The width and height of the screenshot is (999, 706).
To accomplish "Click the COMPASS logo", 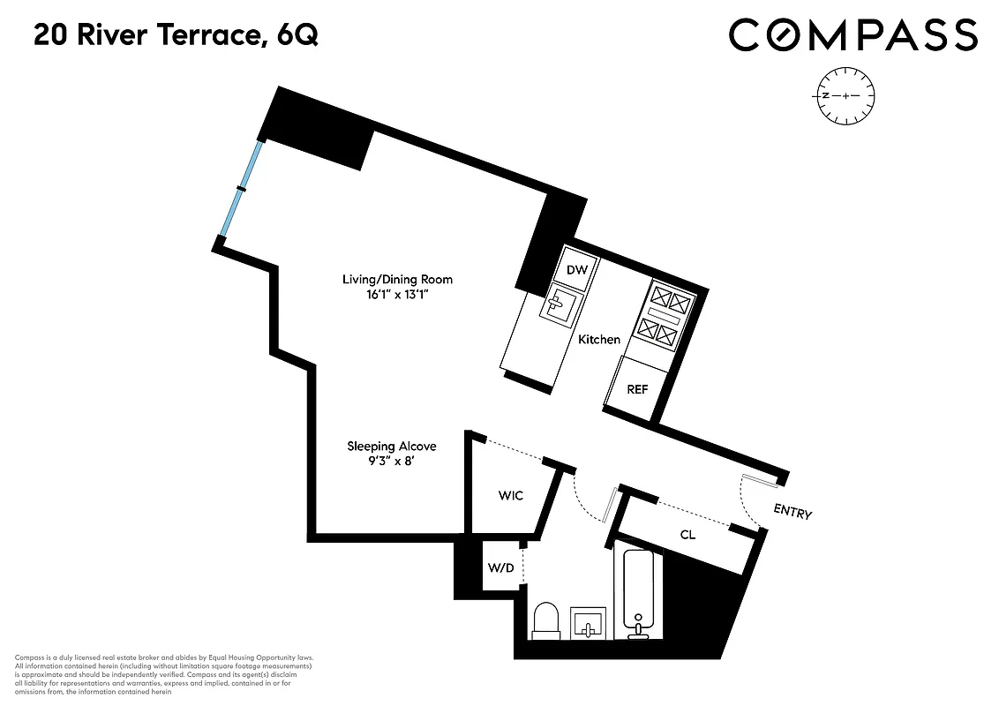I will [853, 35].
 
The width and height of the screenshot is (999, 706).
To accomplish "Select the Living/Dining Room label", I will [397, 280].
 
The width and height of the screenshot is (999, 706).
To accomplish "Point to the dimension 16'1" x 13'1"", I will [397, 295].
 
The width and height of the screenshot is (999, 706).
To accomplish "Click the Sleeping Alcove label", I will [391, 447].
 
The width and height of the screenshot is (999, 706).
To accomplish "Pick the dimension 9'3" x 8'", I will [391, 462].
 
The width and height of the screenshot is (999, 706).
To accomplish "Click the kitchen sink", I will [558, 305].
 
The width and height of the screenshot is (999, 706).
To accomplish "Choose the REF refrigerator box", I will [637, 388].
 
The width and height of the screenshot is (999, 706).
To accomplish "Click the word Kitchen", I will [599, 340].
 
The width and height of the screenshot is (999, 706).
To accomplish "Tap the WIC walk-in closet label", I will [510, 495].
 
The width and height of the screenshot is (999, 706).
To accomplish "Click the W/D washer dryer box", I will [500, 567].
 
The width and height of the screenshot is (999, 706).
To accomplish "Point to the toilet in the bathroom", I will [546, 620].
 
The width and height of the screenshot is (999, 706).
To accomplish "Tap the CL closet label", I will [687, 535].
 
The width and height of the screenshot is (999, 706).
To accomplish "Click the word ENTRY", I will [792, 512].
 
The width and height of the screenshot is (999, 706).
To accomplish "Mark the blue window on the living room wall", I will [241, 189].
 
